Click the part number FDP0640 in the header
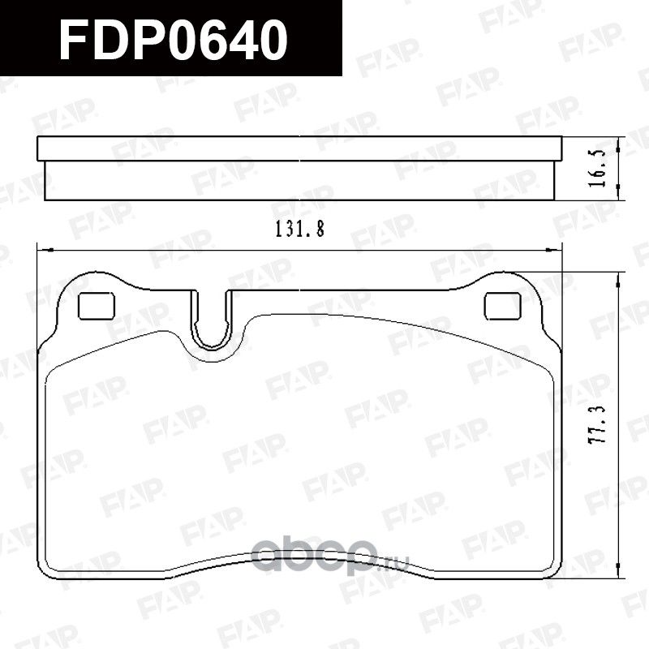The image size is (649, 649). [x=174, y=39]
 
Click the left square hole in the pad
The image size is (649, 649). [x=96, y=305]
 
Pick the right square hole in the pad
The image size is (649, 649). [x=502, y=305]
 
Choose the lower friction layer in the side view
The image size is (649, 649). [x=300, y=178]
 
